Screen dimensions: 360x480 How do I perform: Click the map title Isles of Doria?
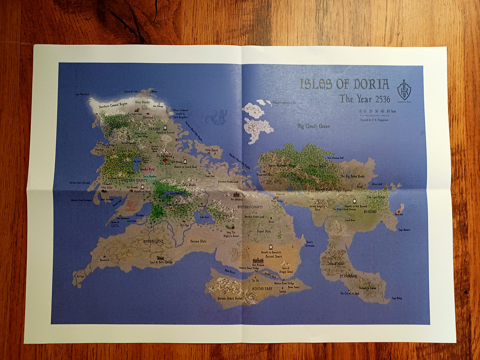point(344,84)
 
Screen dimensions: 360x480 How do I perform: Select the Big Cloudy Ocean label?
point(314,126)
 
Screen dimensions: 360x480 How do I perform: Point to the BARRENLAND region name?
point(153,242)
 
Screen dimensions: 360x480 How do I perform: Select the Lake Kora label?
point(204,217)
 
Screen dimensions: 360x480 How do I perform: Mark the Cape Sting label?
point(396,298)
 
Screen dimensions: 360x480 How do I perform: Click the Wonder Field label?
point(147,170)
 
